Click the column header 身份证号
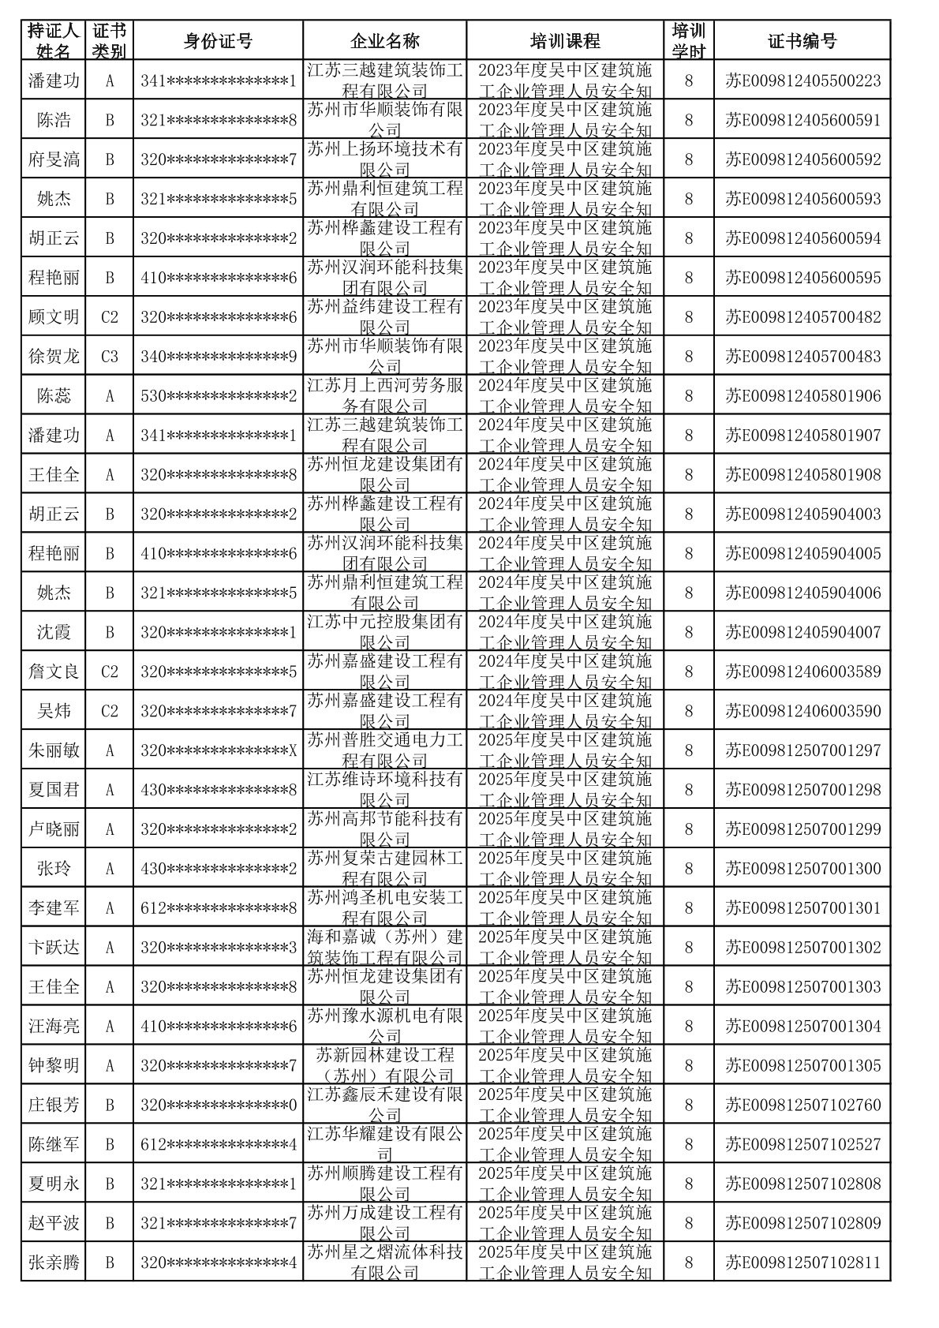218,41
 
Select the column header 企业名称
384,41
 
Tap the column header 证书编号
802,41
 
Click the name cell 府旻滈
54,159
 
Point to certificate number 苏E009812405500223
802,80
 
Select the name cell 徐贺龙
54,357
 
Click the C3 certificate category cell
110,357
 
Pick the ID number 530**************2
218,396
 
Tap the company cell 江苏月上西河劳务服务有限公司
384,396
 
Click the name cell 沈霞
54,632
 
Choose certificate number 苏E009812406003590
802,711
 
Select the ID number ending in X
218,750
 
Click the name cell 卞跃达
54,947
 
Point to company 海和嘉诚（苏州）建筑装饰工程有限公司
384,947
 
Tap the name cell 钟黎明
54,1065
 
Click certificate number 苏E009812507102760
802,1105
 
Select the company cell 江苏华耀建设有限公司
384,1144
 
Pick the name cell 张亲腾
54,1263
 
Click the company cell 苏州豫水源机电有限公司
384,1026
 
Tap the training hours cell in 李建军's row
688,908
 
